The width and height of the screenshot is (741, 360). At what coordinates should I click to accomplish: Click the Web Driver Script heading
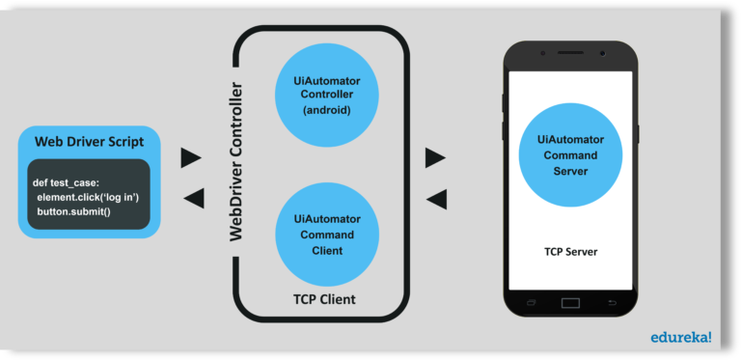click(x=89, y=141)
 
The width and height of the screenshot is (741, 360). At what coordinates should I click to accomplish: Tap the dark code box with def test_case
click(x=89, y=196)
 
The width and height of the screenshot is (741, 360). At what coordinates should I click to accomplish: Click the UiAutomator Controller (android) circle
click(x=324, y=95)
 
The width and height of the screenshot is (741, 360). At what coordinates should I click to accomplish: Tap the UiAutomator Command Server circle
click(x=570, y=155)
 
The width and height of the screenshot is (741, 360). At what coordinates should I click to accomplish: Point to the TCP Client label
click(x=324, y=299)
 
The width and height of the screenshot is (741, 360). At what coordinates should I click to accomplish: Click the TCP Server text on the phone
click(x=570, y=252)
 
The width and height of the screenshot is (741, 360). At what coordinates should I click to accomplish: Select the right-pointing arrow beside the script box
click(x=191, y=157)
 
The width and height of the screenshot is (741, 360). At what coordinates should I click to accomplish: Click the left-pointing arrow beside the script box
click(x=193, y=198)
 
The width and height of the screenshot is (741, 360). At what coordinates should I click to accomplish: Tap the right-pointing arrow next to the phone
click(x=435, y=157)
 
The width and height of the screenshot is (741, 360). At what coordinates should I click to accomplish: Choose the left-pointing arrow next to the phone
click(x=436, y=199)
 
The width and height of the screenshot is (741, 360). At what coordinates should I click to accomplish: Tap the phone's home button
click(x=570, y=303)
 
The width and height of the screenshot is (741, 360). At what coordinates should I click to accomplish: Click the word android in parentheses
click(x=324, y=110)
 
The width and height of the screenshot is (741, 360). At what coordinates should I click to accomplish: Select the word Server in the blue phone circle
click(x=570, y=171)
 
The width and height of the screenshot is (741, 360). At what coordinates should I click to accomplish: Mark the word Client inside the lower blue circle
click(x=324, y=251)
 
